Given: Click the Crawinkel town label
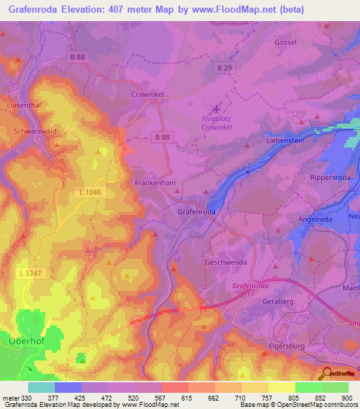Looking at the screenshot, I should (x=148, y=93).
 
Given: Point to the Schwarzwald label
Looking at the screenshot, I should (x=34, y=131).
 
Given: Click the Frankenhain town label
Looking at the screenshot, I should (x=155, y=181).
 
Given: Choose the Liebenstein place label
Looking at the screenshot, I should (x=285, y=141).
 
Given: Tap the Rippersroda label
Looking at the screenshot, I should (x=330, y=178).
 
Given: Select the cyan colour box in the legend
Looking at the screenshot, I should (x=41, y=387).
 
